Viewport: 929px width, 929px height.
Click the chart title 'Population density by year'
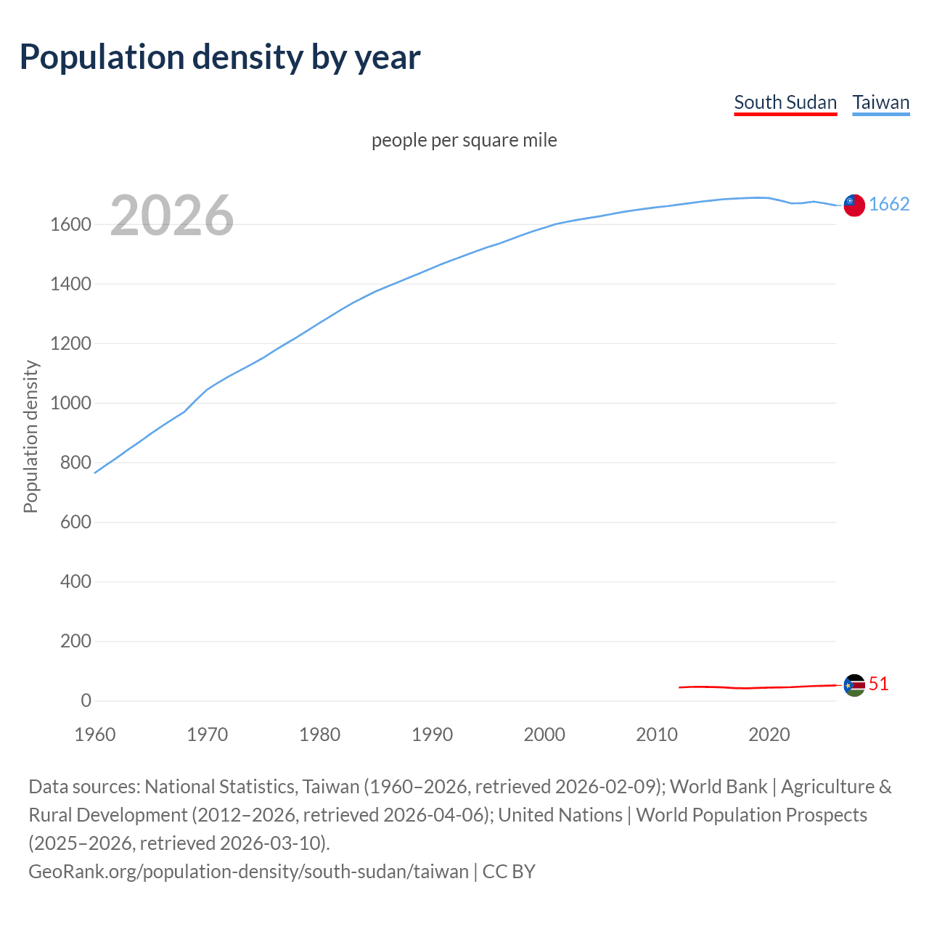point(220,57)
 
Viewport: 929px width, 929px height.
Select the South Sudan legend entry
point(785,102)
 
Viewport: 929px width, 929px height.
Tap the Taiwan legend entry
point(881,102)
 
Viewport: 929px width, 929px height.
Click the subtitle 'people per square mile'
point(464,140)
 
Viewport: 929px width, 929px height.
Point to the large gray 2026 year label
point(172,216)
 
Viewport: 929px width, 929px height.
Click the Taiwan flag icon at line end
point(854,205)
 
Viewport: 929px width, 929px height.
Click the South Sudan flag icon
point(854,685)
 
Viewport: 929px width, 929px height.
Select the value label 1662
point(889,205)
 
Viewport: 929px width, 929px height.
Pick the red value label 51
point(879,684)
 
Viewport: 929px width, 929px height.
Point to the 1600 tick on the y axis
point(70,225)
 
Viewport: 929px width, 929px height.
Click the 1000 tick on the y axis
point(70,404)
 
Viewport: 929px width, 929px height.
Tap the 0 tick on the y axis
point(86,701)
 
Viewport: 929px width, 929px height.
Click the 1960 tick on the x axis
point(95,734)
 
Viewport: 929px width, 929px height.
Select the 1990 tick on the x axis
point(432,734)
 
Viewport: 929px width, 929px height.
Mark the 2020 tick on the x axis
point(769,734)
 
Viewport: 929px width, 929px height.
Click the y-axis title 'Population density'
point(30,437)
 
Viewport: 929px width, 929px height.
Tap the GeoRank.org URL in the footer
point(248,872)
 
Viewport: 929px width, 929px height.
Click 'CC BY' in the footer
point(509,872)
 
